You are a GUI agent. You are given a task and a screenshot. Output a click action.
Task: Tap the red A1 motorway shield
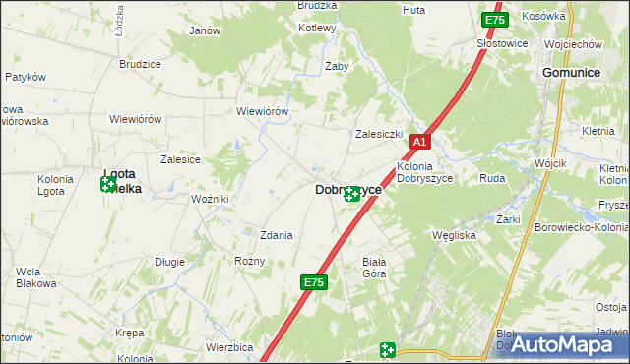pyautogui.click(x=419, y=143)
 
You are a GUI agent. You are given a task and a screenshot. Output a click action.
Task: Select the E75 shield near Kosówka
pyautogui.click(x=494, y=20)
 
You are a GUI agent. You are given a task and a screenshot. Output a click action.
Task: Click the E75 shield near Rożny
pyautogui.click(x=313, y=283)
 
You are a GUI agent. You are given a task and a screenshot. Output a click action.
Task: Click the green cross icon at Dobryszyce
pyautogui.click(x=351, y=195)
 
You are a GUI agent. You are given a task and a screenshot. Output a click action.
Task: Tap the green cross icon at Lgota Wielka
pyautogui.click(x=107, y=184)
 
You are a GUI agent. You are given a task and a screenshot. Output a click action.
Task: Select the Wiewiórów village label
pyautogui.click(x=262, y=111)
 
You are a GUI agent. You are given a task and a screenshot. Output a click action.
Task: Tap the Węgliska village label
pyautogui.click(x=455, y=235)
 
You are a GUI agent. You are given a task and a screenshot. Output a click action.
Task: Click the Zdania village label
pyautogui.click(x=277, y=235)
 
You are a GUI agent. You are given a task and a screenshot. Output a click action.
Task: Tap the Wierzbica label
pyautogui.click(x=230, y=347)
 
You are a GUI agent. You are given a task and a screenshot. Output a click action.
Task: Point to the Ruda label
pyautogui.click(x=492, y=179)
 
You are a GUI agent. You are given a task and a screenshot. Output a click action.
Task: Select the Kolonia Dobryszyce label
pyautogui.click(x=423, y=173)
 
